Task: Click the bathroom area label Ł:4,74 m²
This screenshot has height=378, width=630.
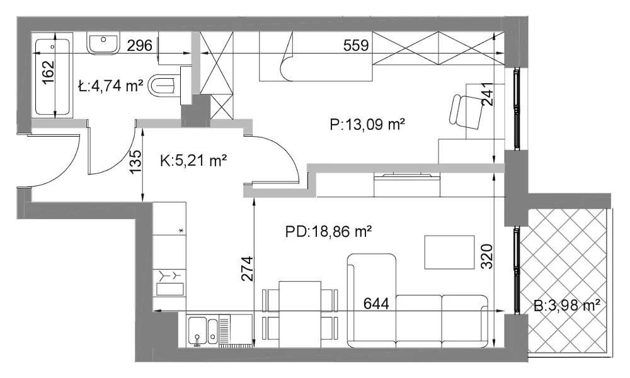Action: (111, 86)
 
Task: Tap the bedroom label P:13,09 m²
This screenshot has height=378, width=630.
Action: (367, 125)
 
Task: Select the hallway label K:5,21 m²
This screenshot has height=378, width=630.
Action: (193, 161)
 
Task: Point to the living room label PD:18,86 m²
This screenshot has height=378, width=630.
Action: (328, 231)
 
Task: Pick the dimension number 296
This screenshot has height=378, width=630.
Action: (140, 45)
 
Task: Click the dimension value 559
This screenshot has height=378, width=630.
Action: (356, 45)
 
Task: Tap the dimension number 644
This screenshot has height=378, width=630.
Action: (376, 303)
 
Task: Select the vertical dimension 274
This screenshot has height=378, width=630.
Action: (248, 269)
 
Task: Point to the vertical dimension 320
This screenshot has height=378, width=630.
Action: (486, 256)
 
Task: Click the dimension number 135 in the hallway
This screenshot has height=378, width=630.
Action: (136, 161)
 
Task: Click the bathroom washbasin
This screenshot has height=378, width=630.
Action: (103, 43)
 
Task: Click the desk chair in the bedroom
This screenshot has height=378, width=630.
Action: (467, 112)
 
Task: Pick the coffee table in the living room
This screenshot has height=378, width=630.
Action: (450, 252)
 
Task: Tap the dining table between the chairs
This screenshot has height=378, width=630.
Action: (300, 314)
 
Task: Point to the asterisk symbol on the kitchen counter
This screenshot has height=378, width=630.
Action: (181, 231)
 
